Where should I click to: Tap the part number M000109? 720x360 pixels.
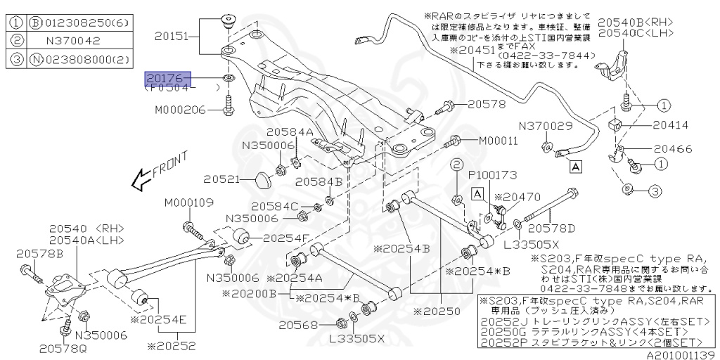[x=189, y=203]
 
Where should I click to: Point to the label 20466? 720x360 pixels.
[x=673, y=148]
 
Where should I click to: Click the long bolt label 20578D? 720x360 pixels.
[x=551, y=227]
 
